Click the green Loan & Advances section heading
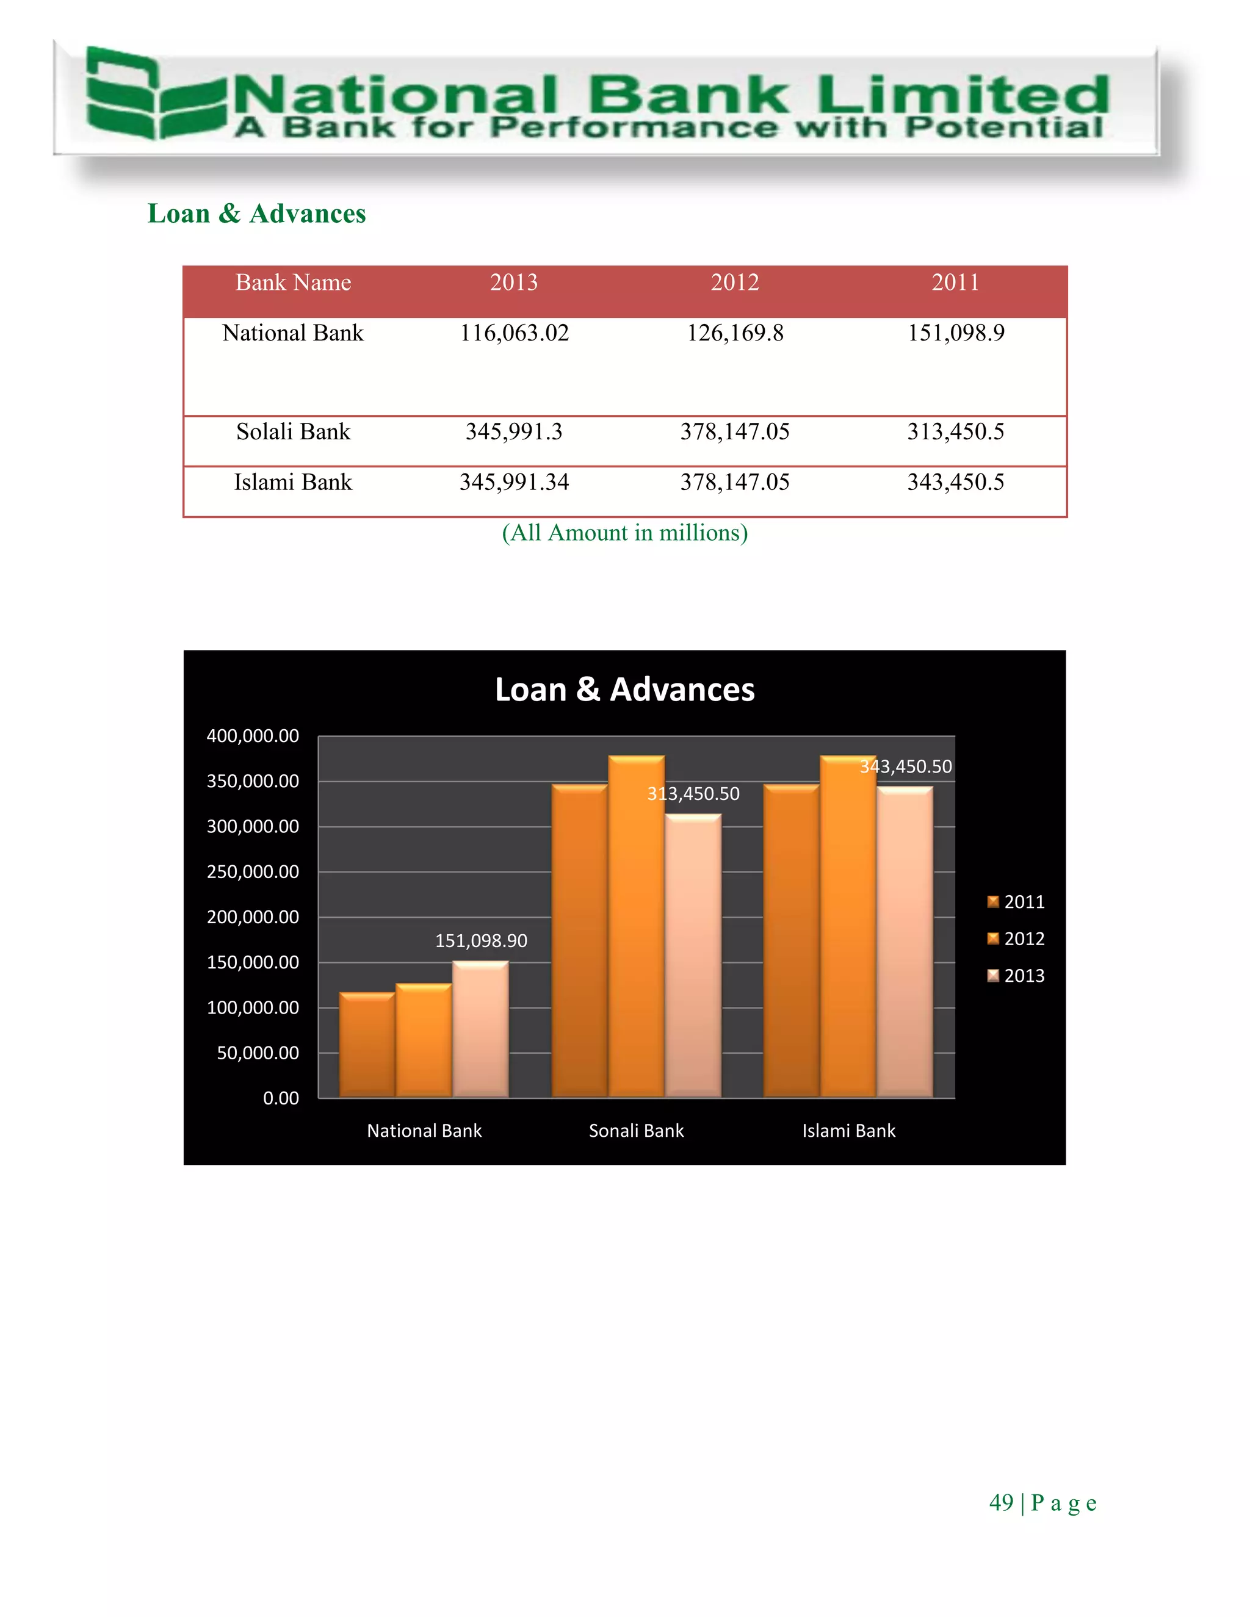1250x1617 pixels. (256, 214)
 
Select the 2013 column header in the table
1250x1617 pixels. (514, 283)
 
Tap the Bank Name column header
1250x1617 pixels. (293, 283)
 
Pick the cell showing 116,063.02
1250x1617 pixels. (514, 333)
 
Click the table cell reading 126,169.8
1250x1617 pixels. (735, 333)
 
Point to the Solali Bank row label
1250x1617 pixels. (293, 431)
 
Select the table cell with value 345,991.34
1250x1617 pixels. (514, 483)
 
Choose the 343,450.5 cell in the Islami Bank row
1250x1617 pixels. (955, 483)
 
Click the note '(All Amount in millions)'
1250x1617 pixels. (624, 533)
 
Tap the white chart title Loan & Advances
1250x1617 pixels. (624, 690)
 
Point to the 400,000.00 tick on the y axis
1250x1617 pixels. (253, 736)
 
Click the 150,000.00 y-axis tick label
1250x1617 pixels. (253, 962)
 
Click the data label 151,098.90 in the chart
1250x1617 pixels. (480, 941)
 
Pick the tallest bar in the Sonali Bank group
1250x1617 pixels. (636, 926)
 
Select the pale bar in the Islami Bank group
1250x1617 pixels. (905, 940)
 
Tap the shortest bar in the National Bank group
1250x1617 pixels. (367, 1044)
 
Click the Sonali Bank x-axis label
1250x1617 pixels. (636, 1131)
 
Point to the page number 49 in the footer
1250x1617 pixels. (1000, 1502)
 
